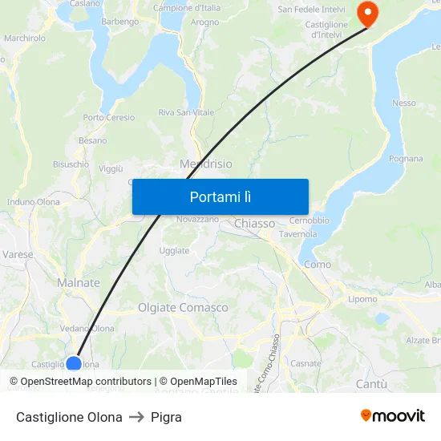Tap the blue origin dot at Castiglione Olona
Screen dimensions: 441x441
pyautogui.click(x=74, y=364)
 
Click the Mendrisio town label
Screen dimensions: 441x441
pyautogui.click(x=206, y=164)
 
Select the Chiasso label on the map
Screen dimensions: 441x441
pyautogui.click(x=255, y=224)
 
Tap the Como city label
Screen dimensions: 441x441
pyautogui.click(x=318, y=265)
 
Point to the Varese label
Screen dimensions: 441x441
pyautogui.click(x=18, y=254)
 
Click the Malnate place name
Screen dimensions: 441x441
pyautogui.click(x=79, y=283)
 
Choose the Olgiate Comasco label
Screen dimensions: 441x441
pyautogui.click(x=183, y=308)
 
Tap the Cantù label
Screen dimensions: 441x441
pyautogui.click(x=371, y=385)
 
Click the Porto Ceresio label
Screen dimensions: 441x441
pyautogui.click(x=109, y=118)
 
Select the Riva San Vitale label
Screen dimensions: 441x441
pyautogui.click(x=186, y=112)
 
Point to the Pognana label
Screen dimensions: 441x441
pyautogui.click(x=406, y=159)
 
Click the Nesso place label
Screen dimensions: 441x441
pyautogui.click(x=404, y=103)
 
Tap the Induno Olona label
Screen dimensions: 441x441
pyautogui.click(x=33, y=202)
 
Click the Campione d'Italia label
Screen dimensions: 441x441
pyautogui.click(x=187, y=8)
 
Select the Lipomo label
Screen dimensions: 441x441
pyautogui.click(x=362, y=299)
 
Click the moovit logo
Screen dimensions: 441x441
pyautogui.click(x=392, y=416)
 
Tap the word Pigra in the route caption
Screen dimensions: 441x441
pyautogui.click(x=166, y=417)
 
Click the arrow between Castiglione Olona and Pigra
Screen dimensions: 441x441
pyautogui.click(x=136, y=417)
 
